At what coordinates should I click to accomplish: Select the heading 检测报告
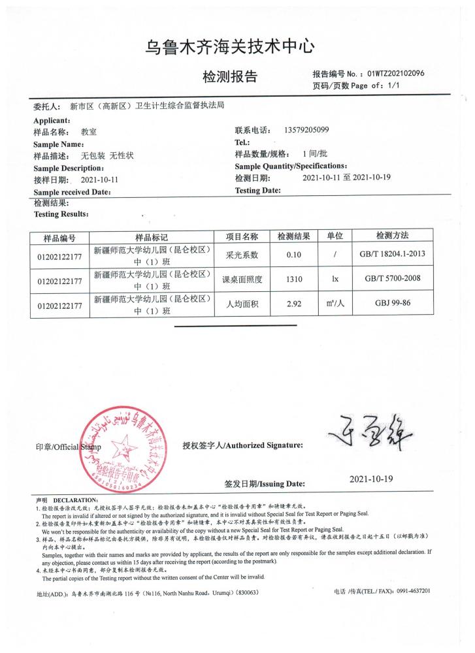(x=230, y=77)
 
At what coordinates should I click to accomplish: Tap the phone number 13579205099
(x=306, y=130)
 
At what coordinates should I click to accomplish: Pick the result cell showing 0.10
(x=293, y=255)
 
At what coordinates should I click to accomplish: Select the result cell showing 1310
(x=293, y=280)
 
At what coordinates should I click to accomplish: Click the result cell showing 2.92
(x=293, y=305)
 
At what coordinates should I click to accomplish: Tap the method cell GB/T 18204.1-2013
(x=392, y=255)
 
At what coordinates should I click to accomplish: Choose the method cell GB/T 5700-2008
(x=392, y=279)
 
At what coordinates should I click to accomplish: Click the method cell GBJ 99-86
(x=392, y=305)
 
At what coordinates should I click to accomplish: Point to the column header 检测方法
(x=392, y=236)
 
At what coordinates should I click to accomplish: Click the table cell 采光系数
(x=242, y=255)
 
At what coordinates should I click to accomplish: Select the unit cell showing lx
(x=335, y=280)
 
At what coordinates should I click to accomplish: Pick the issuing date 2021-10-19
(x=371, y=479)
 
